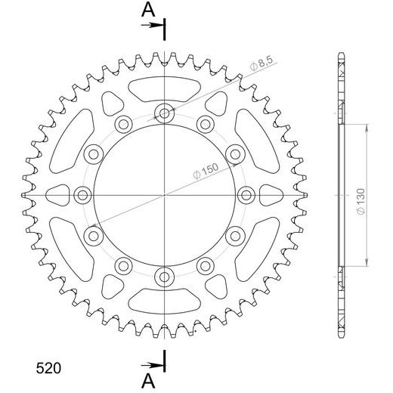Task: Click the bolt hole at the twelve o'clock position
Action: [x=164, y=114]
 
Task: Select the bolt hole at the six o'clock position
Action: [x=164, y=277]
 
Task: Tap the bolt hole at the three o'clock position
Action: [x=246, y=195]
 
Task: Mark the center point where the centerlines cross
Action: [x=164, y=195]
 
